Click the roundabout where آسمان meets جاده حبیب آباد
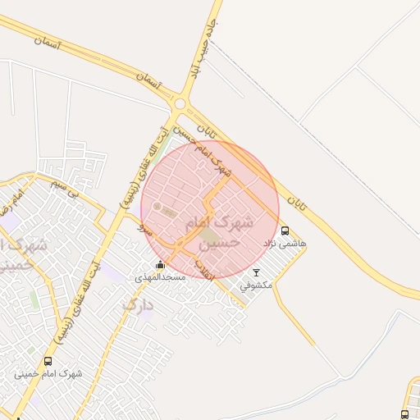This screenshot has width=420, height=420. point(179,103)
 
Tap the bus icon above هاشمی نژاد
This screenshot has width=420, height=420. point(285,231)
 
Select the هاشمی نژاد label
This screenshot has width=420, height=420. point(285,244)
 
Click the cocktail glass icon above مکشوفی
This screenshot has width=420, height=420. point(256,272)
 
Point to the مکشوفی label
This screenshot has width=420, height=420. point(256,285)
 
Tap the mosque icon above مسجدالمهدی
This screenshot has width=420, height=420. point(160,265)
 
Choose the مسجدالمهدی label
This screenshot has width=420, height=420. point(161,277)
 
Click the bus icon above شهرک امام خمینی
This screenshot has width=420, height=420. point(48,361)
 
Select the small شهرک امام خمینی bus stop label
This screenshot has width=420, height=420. point(48,374)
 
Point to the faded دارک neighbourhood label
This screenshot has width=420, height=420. point(138,304)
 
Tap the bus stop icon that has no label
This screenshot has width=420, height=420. point(404,415)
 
